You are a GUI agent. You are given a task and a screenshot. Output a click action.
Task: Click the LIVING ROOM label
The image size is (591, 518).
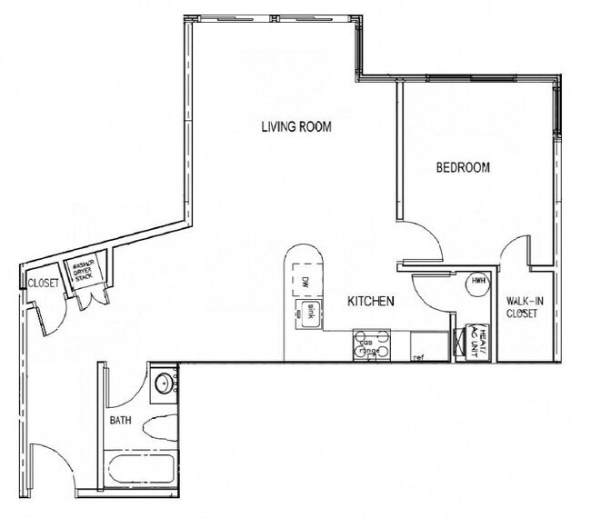(x=296, y=127)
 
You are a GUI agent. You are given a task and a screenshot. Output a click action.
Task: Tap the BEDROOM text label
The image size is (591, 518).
(x=463, y=167)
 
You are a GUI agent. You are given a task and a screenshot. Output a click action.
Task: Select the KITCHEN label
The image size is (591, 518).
(x=371, y=301)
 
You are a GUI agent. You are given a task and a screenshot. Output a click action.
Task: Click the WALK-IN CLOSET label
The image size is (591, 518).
(x=522, y=307)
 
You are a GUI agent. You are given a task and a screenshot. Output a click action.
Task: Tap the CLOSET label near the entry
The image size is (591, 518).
(x=43, y=283)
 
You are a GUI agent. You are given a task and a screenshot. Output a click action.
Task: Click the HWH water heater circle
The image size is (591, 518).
(x=476, y=283)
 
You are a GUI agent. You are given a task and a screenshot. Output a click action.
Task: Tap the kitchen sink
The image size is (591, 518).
(x=309, y=313)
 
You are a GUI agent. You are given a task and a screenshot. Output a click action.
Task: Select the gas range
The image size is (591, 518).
(x=372, y=345)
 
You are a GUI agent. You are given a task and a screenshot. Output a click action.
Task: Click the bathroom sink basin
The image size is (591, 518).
(x=163, y=383)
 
